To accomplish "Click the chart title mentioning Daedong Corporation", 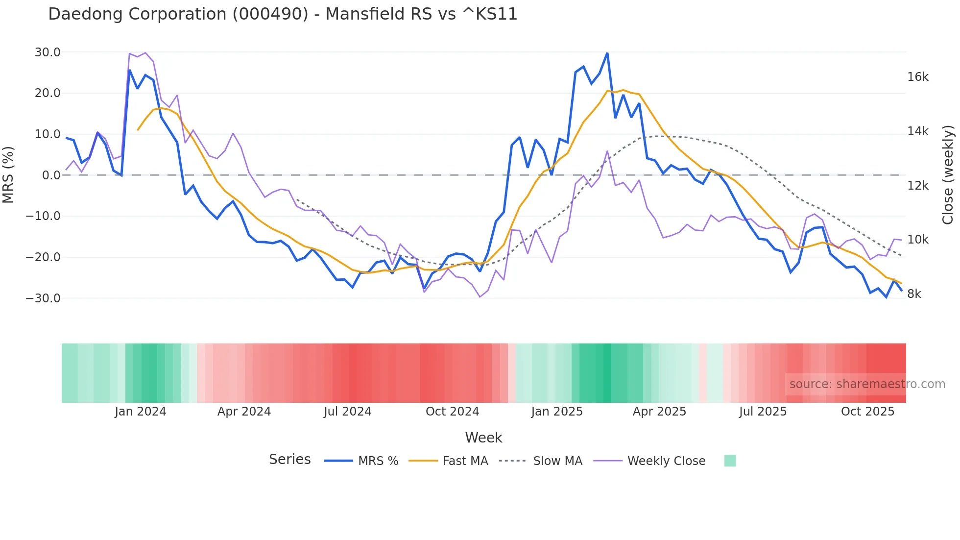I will (x=283, y=14).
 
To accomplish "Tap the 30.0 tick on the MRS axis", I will (x=48, y=52).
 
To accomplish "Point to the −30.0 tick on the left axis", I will (x=43, y=298).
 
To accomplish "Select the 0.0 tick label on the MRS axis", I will (x=51, y=175).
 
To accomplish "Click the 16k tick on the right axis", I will (x=917, y=77).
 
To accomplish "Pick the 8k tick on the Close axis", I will (x=914, y=294).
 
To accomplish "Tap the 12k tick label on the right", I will (x=917, y=186).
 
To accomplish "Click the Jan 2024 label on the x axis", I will (x=141, y=412).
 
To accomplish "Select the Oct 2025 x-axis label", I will (x=867, y=412).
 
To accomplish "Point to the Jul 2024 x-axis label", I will (x=347, y=412).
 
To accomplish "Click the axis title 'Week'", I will (x=483, y=438).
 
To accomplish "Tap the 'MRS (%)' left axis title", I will (x=8, y=174).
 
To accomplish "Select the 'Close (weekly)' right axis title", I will (x=948, y=175).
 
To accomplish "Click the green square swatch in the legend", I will (x=730, y=461).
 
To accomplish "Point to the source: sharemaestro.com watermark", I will (x=867, y=384).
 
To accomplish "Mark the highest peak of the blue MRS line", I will (x=607, y=53).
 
